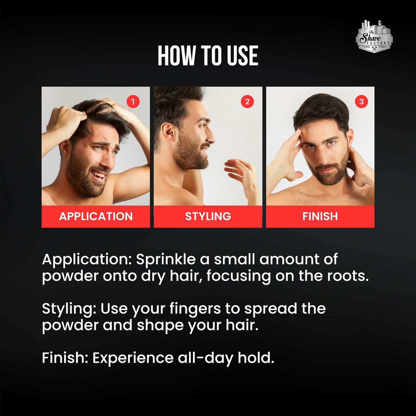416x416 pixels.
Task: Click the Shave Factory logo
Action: (x=374, y=36)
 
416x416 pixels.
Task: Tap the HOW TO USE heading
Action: (x=208, y=56)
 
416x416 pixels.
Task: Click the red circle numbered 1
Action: (x=133, y=101)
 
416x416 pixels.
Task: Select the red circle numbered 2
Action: (x=247, y=101)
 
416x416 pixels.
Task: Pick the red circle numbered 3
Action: (x=361, y=101)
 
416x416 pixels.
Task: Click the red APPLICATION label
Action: (x=96, y=216)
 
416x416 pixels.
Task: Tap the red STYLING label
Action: (x=208, y=216)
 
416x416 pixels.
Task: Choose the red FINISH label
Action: (x=320, y=216)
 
